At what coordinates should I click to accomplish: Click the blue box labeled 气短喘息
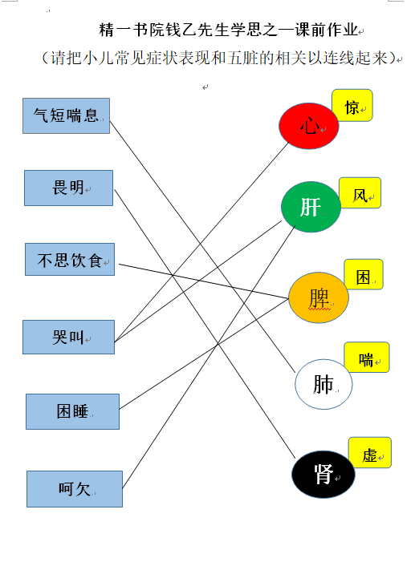click(x=67, y=115)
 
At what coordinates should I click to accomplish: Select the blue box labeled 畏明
click(x=68, y=188)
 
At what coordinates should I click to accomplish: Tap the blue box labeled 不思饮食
click(x=70, y=260)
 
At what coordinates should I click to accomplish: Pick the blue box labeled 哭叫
click(x=68, y=337)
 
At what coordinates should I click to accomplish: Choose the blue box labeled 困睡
click(x=72, y=411)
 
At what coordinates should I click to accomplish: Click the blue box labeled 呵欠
click(x=75, y=489)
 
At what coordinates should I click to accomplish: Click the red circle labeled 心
click(x=309, y=126)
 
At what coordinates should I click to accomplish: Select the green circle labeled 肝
click(x=311, y=207)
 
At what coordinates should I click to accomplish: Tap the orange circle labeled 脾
click(x=319, y=297)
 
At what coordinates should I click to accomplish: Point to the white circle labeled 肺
click(x=323, y=384)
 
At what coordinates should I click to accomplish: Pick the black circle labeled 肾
click(x=323, y=474)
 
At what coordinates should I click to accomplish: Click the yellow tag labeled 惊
click(x=352, y=105)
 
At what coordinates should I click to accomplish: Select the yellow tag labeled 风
click(x=360, y=193)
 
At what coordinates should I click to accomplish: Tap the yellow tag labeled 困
click(x=364, y=274)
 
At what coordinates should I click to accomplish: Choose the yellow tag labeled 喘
click(x=367, y=357)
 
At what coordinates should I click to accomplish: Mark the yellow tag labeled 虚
click(x=369, y=452)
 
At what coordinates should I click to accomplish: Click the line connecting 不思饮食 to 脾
click(x=204, y=281)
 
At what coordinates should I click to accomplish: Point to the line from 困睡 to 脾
click(x=204, y=354)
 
